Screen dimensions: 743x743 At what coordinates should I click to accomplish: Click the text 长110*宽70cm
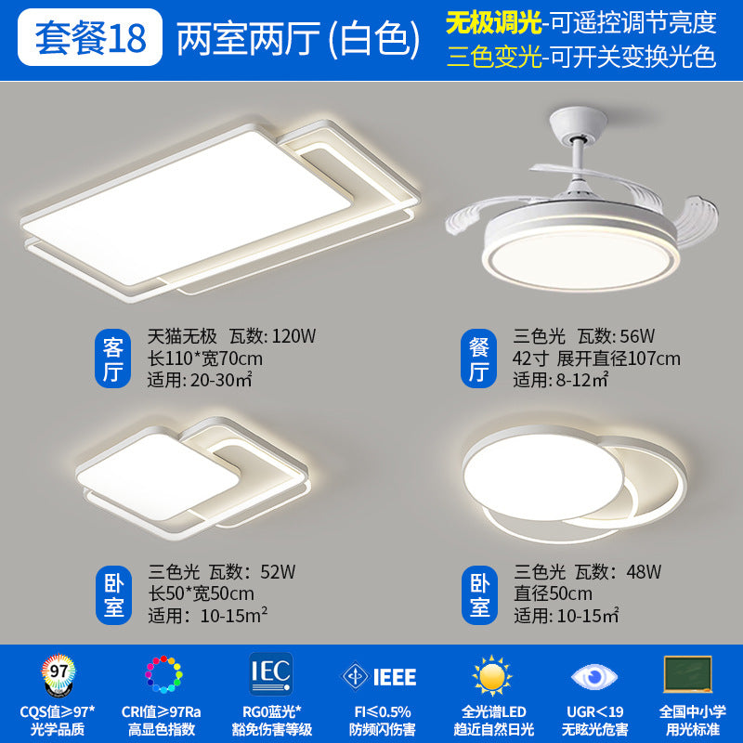pyautogui.click(x=205, y=358)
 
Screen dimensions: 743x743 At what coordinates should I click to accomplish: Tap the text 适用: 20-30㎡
pyautogui.click(x=204, y=379)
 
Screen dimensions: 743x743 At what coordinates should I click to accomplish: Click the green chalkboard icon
pyautogui.click(x=688, y=673)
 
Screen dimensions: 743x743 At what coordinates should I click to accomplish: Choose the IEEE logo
pyautogui.click(x=379, y=676)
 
